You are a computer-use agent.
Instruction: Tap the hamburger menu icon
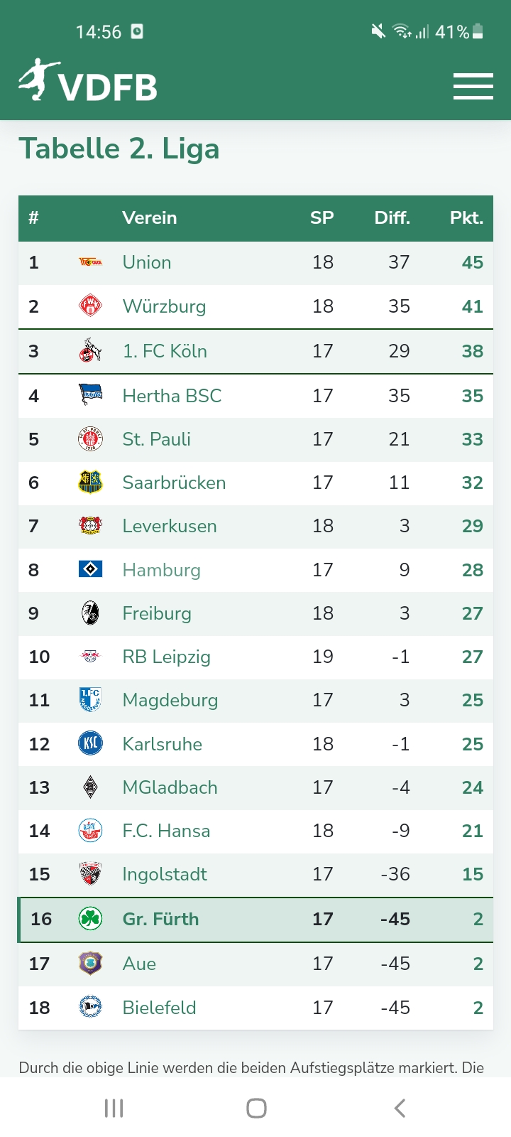[x=473, y=87]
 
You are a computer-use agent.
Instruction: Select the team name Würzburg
[x=164, y=306]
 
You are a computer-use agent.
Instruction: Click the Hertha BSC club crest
[x=90, y=394]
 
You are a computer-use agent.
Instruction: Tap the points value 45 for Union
[x=472, y=262]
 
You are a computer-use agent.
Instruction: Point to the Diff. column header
[x=392, y=218]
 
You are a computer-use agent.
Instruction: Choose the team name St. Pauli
[x=156, y=439]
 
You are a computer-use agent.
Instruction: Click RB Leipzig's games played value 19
[x=322, y=657]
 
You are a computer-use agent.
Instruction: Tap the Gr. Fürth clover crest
[x=90, y=919]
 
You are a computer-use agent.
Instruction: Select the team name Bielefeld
[x=159, y=1008]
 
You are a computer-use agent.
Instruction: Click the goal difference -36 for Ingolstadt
[x=395, y=874]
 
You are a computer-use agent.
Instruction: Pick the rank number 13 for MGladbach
[x=39, y=787]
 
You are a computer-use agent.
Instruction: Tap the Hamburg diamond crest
[x=90, y=569]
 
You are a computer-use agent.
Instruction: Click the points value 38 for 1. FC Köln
[x=472, y=351]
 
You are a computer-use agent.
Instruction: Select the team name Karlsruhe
[x=162, y=744]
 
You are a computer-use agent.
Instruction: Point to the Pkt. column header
[x=466, y=218]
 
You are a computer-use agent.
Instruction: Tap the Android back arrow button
[x=400, y=1108]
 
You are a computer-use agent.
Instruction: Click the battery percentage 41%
[x=451, y=32]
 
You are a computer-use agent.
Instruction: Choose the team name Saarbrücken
[x=174, y=483]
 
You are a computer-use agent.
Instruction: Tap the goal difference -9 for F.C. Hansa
[x=400, y=831]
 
